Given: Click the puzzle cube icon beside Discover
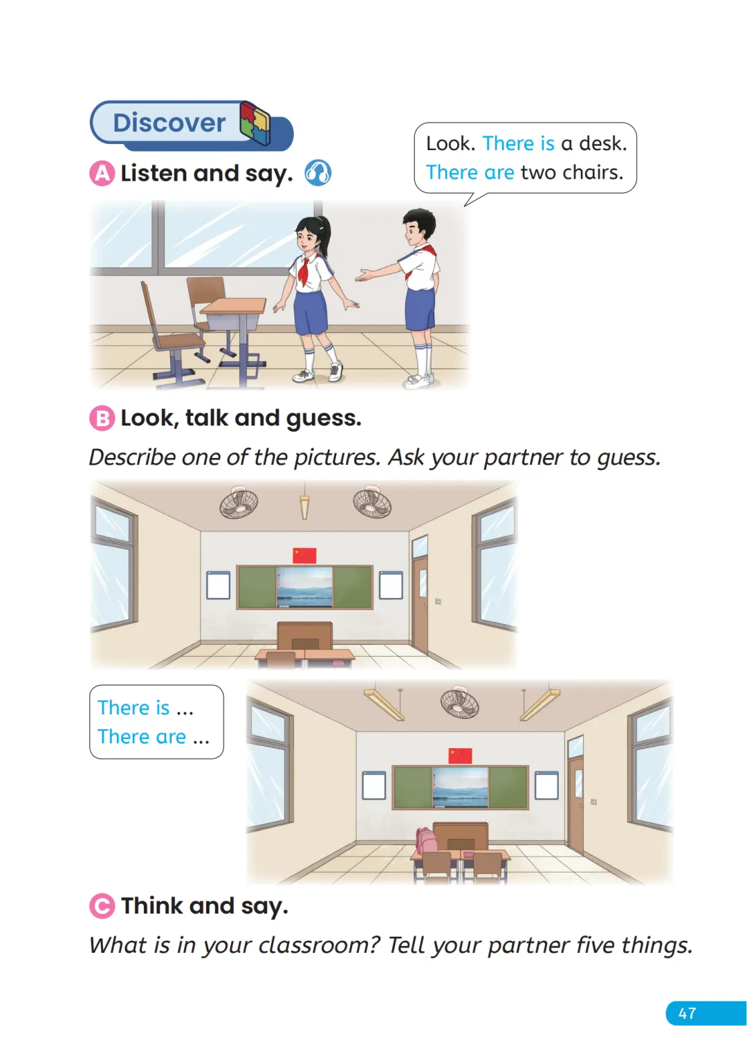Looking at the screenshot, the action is point(255,122).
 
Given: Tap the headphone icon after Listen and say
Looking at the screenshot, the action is point(317,173).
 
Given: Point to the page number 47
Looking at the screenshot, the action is point(687,1013).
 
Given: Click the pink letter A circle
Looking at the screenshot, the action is point(102,173).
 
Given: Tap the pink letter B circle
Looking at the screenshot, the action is point(102,418).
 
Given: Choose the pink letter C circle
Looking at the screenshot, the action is point(102,906).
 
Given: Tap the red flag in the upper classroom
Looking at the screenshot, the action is point(304,556).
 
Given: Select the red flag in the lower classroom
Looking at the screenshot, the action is point(460,755).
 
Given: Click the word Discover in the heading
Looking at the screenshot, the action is point(169,123).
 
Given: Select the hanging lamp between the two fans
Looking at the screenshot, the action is point(304,505).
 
